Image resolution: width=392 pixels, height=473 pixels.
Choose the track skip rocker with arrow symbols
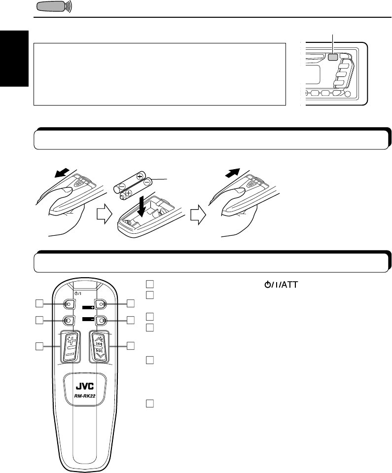(x=100, y=345)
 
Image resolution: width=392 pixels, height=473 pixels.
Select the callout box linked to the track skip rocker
(x=130, y=346)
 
